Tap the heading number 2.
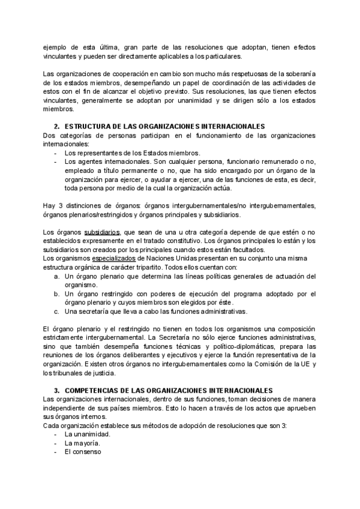click(x=56, y=127)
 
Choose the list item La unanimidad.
click(x=87, y=434)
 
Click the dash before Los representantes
click(x=56, y=153)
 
